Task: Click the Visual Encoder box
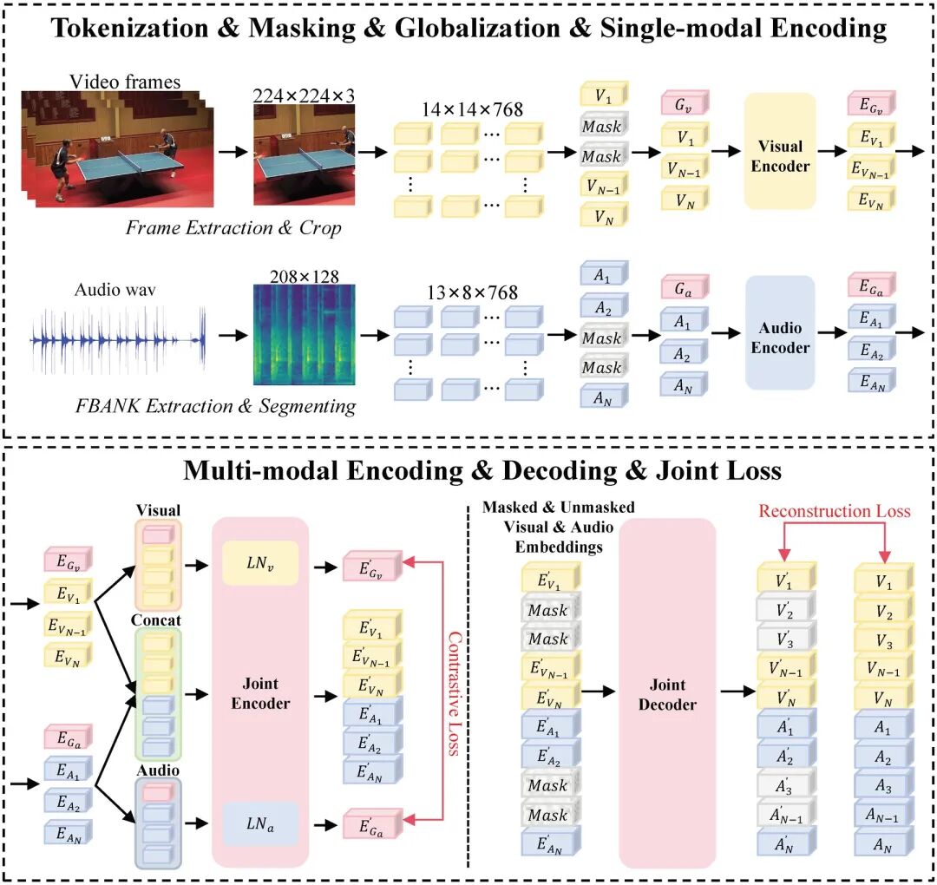pyautogui.click(x=780, y=151)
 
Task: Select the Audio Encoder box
pyautogui.click(x=780, y=333)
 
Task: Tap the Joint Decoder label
pyautogui.click(x=667, y=694)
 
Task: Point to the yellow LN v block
pyautogui.click(x=260, y=563)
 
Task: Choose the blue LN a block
pyautogui.click(x=260, y=824)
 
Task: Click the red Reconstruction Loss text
pyautogui.click(x=835, y=511)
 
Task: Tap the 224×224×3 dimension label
pyautogui.click(x=304, y=95)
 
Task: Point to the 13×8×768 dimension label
pyautogui.click(x=472, y=292)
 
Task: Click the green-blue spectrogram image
pyautogui.click(x=305, y=335)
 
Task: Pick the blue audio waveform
pyautogui.click(x=118, y=339)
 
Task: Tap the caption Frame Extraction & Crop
pyautogui.click(x=233, y=227)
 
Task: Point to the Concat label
pyautogui.click(x=156, y=620)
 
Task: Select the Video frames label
pyautogui.click(x=125, y=82)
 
